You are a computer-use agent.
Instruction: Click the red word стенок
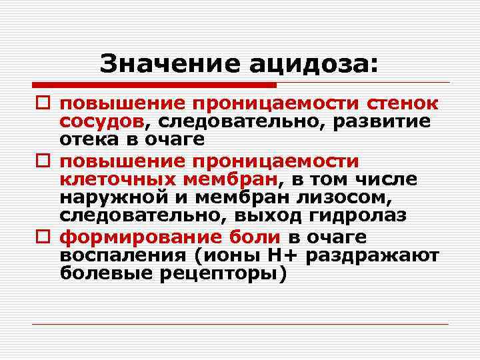point(402,105)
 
